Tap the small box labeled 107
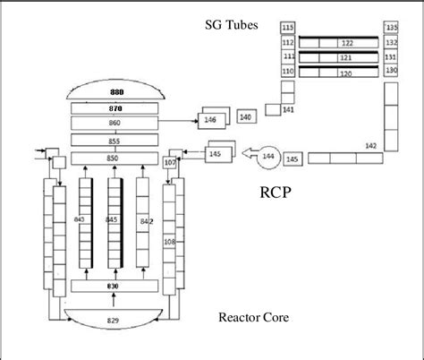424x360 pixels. [170, 162]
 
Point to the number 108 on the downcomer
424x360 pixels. [169, 241]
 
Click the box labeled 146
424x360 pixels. [211, 119]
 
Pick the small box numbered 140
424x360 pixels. [245, 116]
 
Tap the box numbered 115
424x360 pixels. [287, 30]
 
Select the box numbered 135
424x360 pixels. [391, 28]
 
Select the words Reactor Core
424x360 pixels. [252, 316]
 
